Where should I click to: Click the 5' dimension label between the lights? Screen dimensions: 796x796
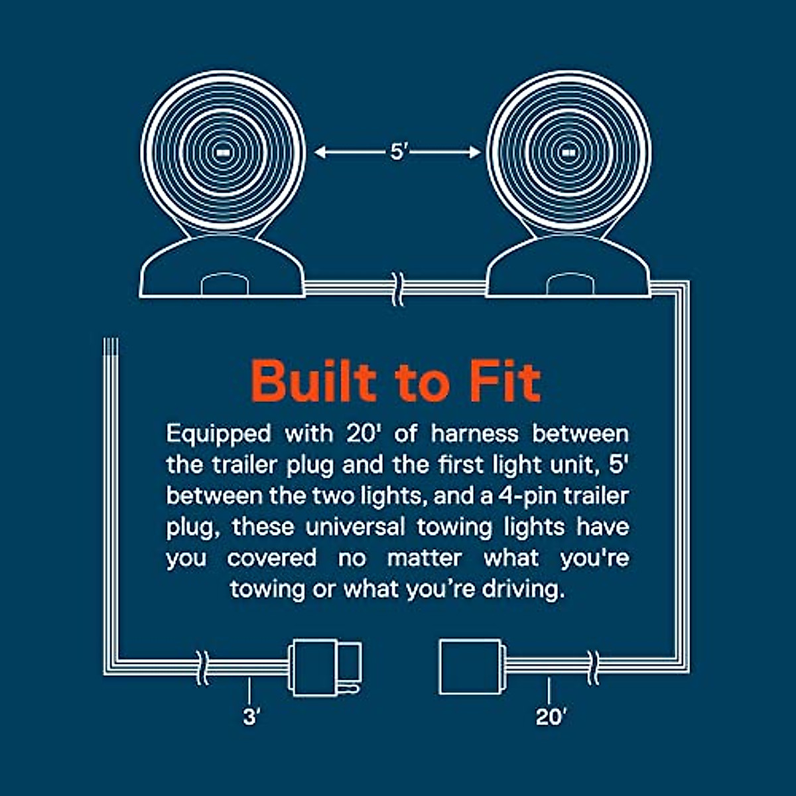[x=397, y=153]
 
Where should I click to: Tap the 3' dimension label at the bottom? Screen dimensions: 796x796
[x=250, y=717]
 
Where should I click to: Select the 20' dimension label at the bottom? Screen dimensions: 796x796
[x=551, y=717]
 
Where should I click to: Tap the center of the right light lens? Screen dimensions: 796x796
[x=568, y=153]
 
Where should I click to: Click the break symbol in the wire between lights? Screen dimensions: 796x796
[x=397, y=289]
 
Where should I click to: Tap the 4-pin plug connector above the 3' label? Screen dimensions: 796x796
[x=325, y=667]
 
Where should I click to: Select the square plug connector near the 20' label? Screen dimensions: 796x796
[x=470, y=667]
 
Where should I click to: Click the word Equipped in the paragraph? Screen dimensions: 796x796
[x=218, y=434]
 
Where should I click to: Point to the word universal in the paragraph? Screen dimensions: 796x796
[x=355, y=527]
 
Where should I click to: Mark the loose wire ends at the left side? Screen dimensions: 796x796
[x=111, y=348]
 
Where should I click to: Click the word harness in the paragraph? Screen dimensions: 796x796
[x=474, y=434]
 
